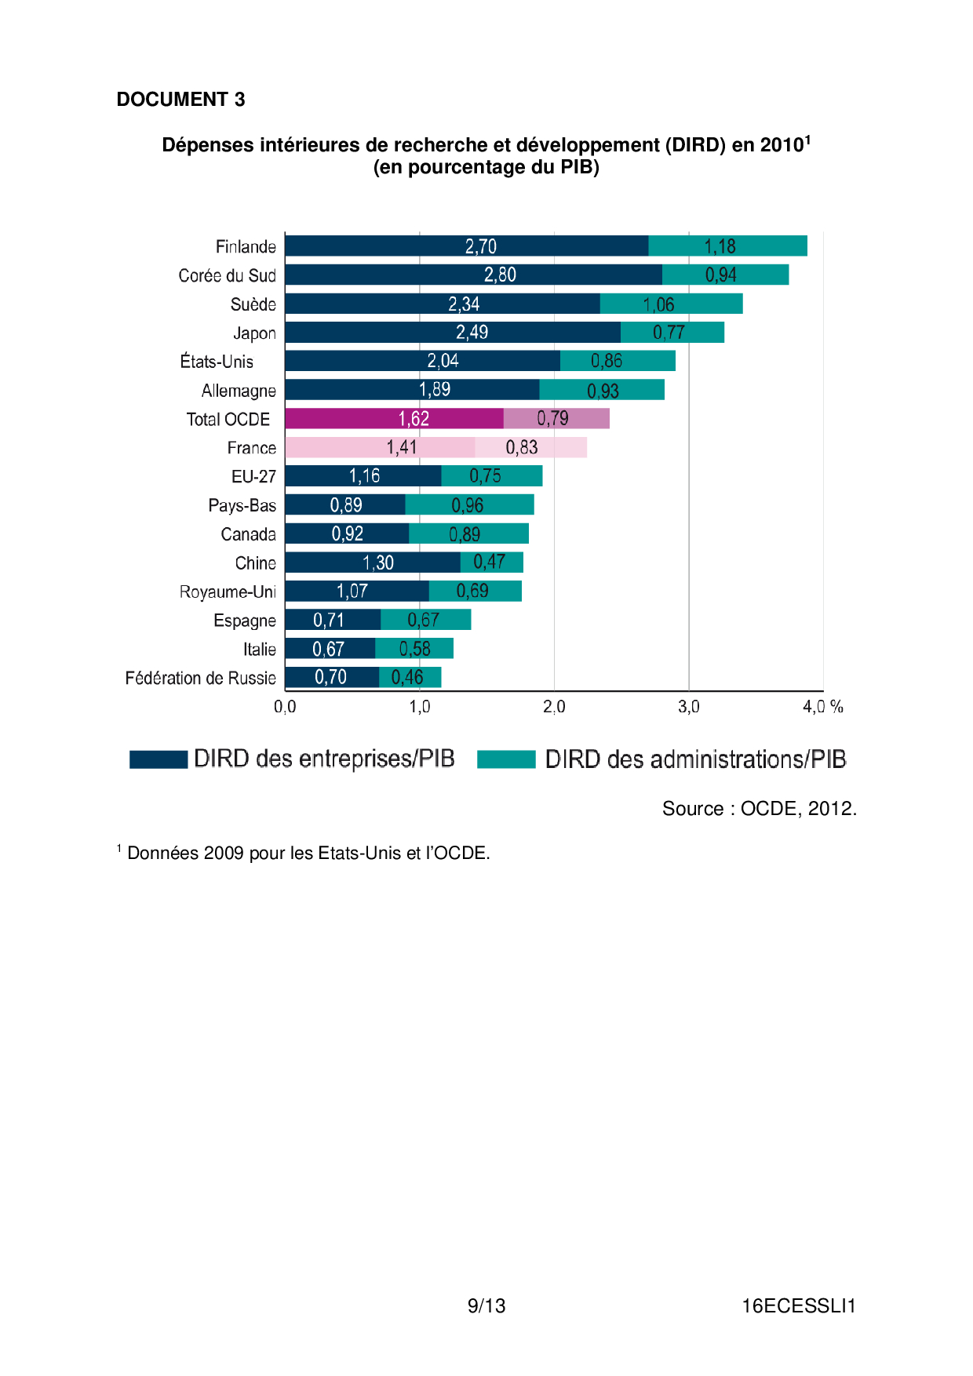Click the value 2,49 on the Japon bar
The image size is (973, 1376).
coord(472,333)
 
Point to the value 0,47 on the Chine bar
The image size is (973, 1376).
coord(489,562)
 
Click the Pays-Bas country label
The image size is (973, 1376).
coord(242,505)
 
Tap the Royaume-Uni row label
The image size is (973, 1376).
coord(228,592)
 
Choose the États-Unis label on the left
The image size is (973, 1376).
coord(217,362)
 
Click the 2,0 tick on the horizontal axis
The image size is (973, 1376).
coord(554,707)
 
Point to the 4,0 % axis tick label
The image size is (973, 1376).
coord(822,707)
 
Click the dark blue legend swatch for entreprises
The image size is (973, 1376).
coord(159,759)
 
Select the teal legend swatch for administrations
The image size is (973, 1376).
coord(506,759)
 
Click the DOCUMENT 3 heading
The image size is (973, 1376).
coord(180,100)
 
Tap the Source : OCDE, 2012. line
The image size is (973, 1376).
coord(759,809)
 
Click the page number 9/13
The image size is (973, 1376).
coord(486,1306)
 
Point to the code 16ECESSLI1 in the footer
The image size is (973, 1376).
coord(798,1306)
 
